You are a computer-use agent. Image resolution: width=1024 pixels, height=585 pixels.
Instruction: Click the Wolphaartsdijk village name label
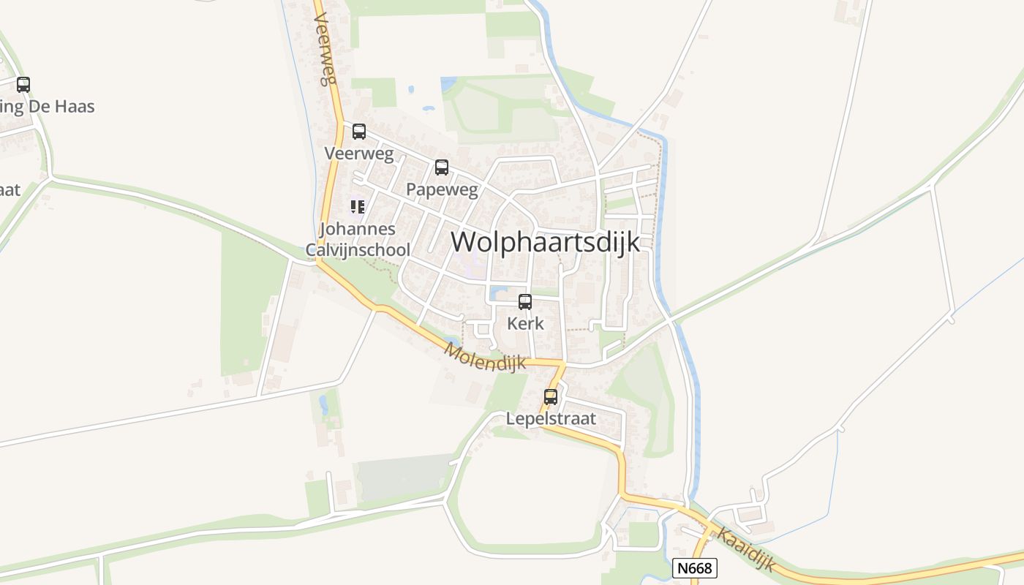[x=545, y=242]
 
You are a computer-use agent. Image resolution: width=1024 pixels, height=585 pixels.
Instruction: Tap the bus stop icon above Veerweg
[x=358, y=132]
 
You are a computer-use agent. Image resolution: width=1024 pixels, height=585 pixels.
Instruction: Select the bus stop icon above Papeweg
[x=441, y=167]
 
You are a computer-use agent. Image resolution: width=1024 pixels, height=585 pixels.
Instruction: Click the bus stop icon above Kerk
[x=524, y=301]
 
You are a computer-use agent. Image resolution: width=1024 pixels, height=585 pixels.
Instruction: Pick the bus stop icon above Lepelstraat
[x=550, y=397]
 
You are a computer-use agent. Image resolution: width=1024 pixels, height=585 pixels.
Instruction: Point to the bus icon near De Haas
[x=23, y=85]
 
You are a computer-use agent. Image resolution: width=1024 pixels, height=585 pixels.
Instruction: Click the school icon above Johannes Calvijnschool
[x=357, y=207]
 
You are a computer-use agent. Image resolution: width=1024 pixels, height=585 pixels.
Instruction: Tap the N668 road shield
[x=694, y=568]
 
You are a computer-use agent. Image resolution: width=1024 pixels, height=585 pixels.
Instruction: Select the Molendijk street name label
[x=485, y=357]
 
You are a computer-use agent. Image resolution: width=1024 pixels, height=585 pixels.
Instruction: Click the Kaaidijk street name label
[x=745, y=548]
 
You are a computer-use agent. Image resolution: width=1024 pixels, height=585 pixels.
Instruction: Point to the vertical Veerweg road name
[x=326, y=51]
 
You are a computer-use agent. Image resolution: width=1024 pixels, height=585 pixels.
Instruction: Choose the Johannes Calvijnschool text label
[x=358, y=239]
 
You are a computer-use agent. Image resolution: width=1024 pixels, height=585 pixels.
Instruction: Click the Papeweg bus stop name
[x=442, y=190]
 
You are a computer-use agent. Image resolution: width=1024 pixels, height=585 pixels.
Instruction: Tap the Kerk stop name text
[x=525, y=323]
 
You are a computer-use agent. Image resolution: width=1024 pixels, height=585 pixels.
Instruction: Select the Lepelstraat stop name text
[x=551, y=419]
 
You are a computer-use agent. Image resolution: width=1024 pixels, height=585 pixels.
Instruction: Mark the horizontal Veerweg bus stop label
[x=358, y=154]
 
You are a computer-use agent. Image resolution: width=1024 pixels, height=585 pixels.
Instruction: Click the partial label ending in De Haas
[x=48, y=107]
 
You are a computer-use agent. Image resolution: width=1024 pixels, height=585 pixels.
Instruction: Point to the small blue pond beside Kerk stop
[x=499, y=294]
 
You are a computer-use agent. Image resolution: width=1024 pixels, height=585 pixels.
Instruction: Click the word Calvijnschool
[x=358, y=249]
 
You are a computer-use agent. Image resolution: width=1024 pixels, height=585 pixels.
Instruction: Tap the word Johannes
[x=358, y=229]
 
